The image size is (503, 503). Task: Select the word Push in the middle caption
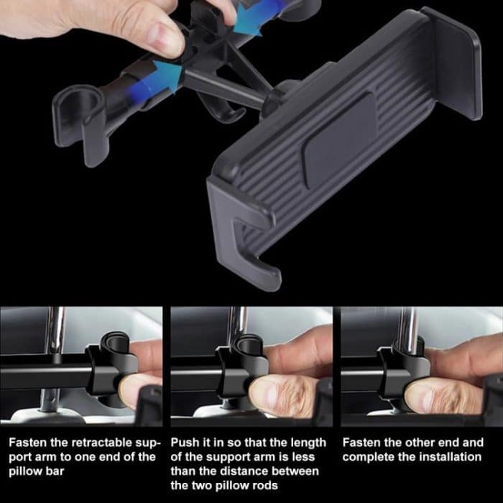coord(184,443)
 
